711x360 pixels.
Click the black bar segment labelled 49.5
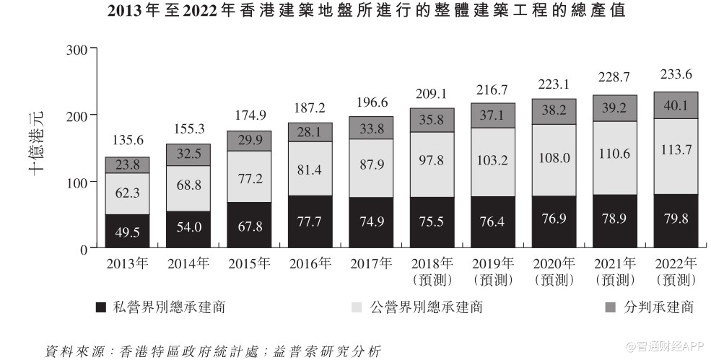[127, 232]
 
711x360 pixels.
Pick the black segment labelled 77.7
[310, 221]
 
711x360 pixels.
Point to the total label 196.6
[371, 103]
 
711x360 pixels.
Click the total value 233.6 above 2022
[676, 74]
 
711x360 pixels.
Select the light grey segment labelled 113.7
[676, 156]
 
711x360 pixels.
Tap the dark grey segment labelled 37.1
[493, 115]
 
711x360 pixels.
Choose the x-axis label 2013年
[127, 263]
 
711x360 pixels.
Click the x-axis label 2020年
[554, 263]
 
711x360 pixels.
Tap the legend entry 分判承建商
[649, 307]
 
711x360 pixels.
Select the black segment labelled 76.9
[554, 221]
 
